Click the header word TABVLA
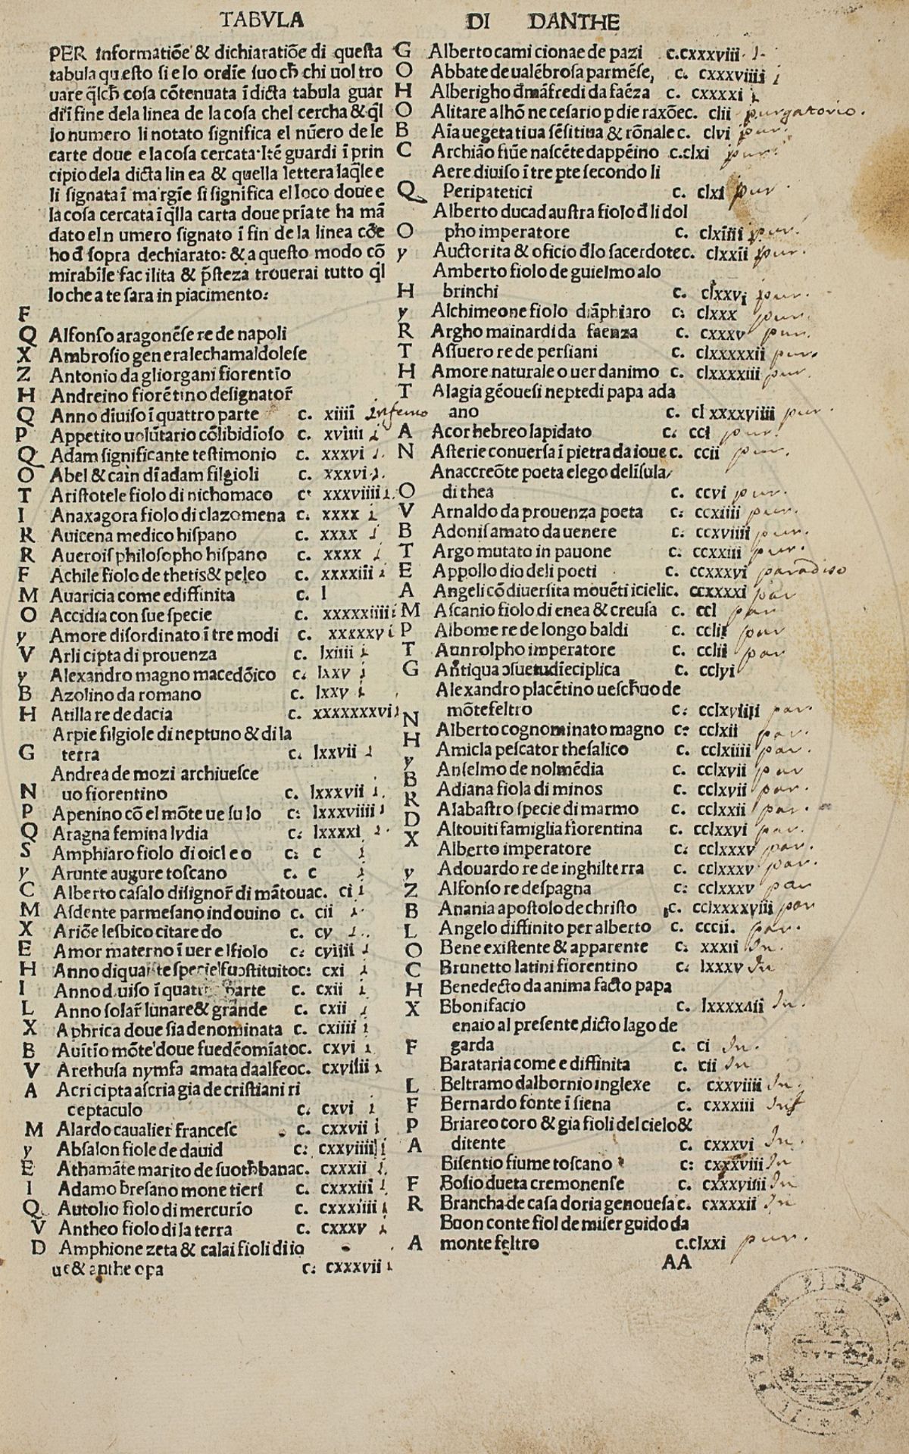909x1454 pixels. click(261, 20)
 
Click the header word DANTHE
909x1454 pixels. click(574, 21)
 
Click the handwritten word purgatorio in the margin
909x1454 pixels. click(803, 114)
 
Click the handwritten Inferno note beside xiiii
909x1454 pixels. click(396, 413)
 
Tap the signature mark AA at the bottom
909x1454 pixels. click(676, 1262)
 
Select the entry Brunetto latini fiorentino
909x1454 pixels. click(539, 967)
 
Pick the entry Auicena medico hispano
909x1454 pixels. click(143, 535)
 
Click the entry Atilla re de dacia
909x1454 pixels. click(111, 713)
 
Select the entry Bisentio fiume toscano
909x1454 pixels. click(526, 1162)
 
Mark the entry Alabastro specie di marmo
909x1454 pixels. click(538, 809)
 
